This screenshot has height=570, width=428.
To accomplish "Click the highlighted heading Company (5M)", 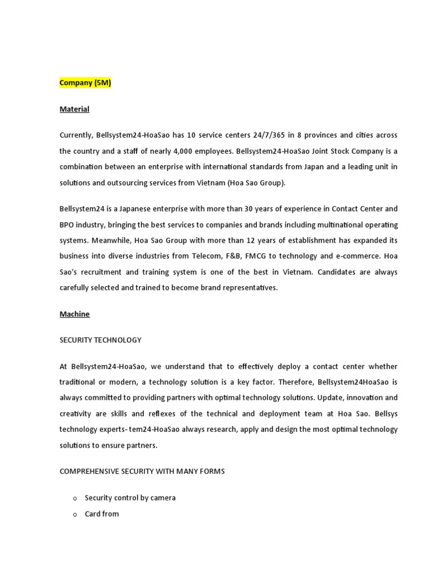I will coord(85,83).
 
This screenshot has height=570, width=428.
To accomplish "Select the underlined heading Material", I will coord(74,109).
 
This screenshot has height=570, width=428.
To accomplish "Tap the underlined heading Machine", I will coord(74,314).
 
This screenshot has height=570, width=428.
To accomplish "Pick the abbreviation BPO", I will coord(67,224).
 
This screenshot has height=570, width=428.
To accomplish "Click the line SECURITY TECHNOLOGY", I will coord(100,340).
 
